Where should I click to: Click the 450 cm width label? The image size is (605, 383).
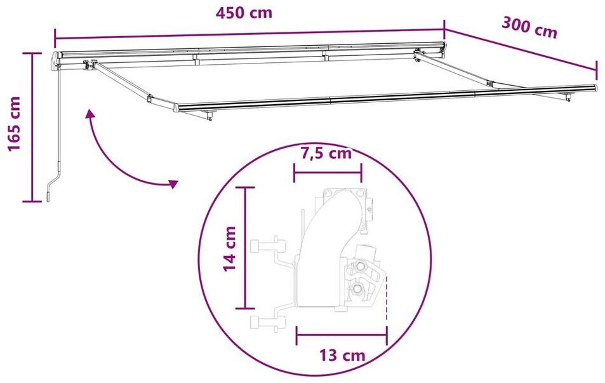pos(244,13)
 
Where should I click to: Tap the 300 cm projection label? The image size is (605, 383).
pos(529,27)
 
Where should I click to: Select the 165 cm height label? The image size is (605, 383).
pos(14,124)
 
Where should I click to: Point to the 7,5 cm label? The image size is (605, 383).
pos(326,153)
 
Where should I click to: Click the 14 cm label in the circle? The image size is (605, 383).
pos(230,249)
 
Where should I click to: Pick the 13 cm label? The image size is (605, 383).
pos(342,355)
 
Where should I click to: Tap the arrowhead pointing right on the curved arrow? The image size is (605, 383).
pos(173,184)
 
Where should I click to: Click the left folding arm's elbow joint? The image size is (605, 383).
pos(150,98)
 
